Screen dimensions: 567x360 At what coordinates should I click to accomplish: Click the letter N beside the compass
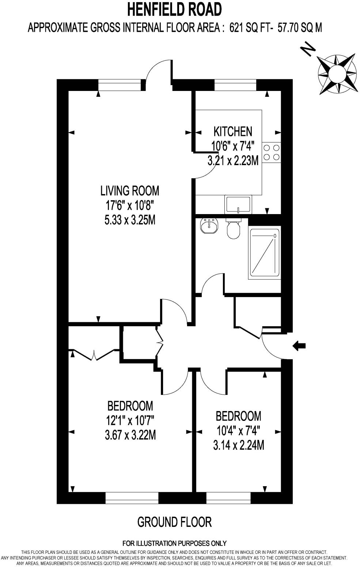(x=307, y=49)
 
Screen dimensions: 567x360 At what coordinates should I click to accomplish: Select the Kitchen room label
(x=233, y=131)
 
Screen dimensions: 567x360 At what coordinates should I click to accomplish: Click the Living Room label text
(x=130, y=191)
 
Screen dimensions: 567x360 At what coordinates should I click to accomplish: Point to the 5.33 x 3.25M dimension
(x=130, y=220)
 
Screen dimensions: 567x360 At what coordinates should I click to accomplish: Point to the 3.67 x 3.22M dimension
(x=130, y=435)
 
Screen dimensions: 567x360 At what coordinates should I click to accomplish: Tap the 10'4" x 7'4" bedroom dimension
(x=238, y=431)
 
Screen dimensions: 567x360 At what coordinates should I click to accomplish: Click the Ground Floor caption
(x=174, y=522)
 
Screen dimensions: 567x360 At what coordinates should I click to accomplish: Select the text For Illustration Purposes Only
(x=174, y=543)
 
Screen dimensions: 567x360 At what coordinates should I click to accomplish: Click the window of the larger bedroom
(x=132, y=498)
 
